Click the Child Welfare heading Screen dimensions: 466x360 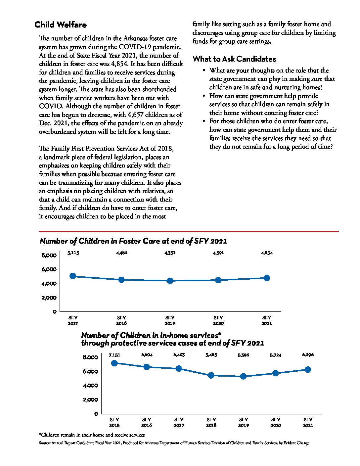pyautogui.click(x=61, y=25)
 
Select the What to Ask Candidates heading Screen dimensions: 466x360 pyautogui.click(x=234, y=59)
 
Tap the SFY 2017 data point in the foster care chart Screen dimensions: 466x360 pyautogui.click(x=73, y=276)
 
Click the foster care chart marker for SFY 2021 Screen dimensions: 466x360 pyautogui.click(x=266, y=278)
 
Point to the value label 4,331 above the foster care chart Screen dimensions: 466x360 pyautogui.click(x=170, y=253)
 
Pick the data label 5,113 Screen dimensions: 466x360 pyautogui.click(x=73, y=253)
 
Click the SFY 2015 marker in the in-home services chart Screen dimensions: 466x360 pyautogui.click(x=114, y=363)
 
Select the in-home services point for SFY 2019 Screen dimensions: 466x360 pyautogui.click(x=243, y=376)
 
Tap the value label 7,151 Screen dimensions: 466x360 pyautogui.click(x=114, y=355)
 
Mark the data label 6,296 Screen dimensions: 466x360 pyautogui.click(x=308, y=355)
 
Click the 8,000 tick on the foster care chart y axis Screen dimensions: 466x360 pyautogui.click(x=49, y=256)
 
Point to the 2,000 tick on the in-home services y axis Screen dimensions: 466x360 pyautogui.click(x=90, y=400)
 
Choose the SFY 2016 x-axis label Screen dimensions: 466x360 pyautogui.click(x=147, y=422)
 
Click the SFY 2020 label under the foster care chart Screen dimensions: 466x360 pyautogui.click(x=218, y=320)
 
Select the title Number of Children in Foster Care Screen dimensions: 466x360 pyautogui.click(x=133, y=241)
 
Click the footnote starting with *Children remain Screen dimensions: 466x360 pyautogui.click(x=92, y=435)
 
